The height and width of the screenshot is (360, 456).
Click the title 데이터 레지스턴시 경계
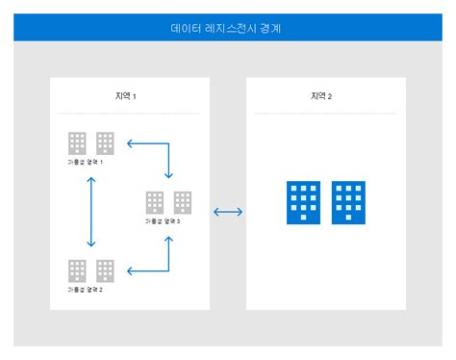point(226,29)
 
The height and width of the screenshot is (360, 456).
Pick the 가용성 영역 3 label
point(168,221)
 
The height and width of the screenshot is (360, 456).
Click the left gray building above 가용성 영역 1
point(77,143)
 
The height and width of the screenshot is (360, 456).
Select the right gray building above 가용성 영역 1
point(106,143)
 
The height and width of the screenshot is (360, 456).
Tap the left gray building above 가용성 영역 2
point(77,270)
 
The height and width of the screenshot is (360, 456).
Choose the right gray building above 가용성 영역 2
point(106,270)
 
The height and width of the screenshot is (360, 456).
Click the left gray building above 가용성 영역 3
point(154,202)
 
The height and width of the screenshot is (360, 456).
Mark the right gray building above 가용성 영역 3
point(183,202)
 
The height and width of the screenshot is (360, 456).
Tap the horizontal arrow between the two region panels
point(228,212)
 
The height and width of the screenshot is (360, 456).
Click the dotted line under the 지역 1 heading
point(129,113)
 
